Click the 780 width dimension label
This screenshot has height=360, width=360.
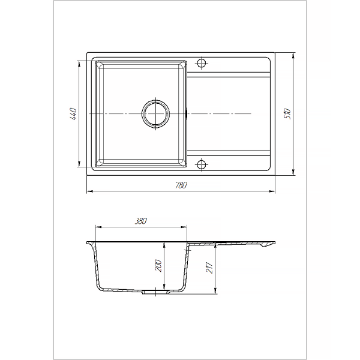coord(181,185)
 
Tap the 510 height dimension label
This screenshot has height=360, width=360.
coord(287,113)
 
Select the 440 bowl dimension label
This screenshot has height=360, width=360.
coord(73,114)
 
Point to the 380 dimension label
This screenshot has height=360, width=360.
coord(140,221)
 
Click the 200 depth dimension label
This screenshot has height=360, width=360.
coord(158,266)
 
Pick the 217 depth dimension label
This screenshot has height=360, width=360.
coord(209,267)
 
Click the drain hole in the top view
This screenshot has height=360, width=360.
coord(155,114)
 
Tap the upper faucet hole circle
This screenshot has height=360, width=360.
coord(202,62)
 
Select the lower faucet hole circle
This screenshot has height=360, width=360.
coord(202,164)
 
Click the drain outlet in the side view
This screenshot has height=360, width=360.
coord(156,292)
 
